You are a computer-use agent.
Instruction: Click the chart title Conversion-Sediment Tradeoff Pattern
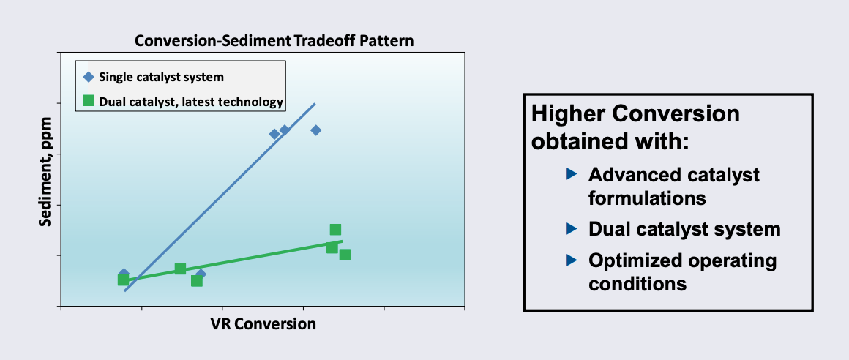274,41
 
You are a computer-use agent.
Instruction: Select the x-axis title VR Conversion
263,324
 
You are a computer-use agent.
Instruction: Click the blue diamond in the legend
89,78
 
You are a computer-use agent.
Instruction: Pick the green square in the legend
89,101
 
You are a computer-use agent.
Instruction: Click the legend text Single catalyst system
161,77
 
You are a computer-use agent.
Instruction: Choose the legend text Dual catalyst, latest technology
191,101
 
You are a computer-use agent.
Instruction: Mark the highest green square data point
336,230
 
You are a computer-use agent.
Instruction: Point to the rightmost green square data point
345,255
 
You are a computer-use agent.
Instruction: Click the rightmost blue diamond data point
316,130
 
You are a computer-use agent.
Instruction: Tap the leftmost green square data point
124,280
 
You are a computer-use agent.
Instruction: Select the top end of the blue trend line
315,103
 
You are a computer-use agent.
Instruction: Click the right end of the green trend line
342,241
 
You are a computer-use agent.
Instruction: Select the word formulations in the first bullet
647,198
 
